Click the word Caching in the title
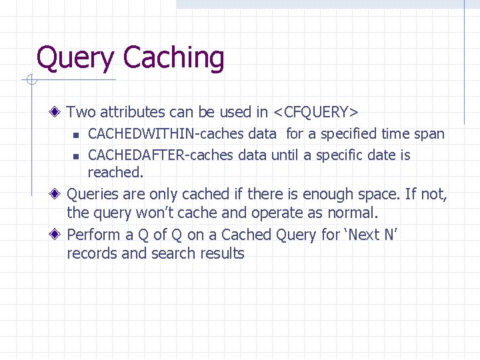click(x=174, y=58)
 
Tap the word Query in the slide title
click(x=76, y=59)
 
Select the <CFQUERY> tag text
click(x=317, y=112)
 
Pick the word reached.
click(x=115, y=172)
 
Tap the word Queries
click(x=93, y=195)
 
